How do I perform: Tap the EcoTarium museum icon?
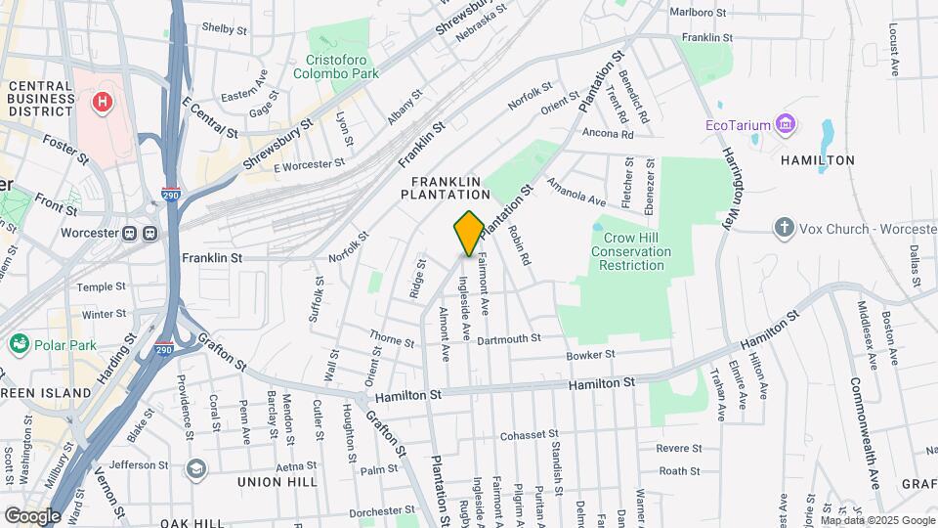(x=784, y=125)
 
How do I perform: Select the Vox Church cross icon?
(x=783, y=228)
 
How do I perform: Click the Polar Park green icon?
(x=19, y=344)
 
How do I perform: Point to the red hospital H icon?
(x=101, y=101)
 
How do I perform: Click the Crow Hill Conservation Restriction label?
(x=634, y=251)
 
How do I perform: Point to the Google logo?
(x=31, y=515)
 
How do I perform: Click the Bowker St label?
(x=590, y=354)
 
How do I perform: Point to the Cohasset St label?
(x=528, y=434)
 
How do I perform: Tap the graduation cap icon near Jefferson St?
(x=195, y=467)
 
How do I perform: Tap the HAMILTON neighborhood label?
(x=817, y=160)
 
